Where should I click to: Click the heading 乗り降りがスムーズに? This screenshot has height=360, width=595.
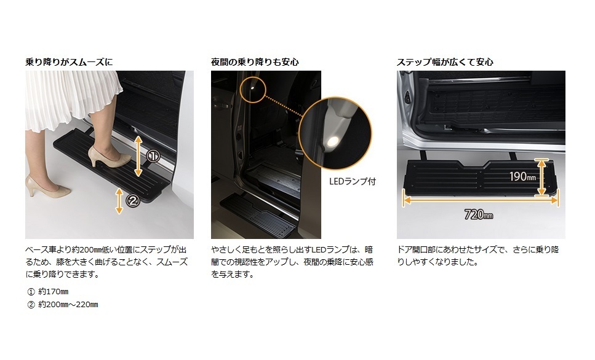69,62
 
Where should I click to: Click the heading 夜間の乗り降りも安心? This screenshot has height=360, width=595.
255,62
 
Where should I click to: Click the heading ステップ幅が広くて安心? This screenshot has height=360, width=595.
445,62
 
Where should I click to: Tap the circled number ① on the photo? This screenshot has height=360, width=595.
153,156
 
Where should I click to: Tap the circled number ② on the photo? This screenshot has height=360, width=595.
133,200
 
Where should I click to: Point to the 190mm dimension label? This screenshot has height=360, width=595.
522,176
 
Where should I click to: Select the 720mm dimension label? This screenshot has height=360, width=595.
479,215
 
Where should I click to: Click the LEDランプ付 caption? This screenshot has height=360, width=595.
352,181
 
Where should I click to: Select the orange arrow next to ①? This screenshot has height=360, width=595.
138,156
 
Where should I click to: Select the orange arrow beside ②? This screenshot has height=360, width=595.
119,201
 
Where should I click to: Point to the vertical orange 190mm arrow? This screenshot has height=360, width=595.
541,178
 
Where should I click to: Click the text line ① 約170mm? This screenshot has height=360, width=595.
48,291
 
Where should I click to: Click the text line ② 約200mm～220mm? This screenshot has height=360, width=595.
63,304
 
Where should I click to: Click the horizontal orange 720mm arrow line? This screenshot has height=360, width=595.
481,200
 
